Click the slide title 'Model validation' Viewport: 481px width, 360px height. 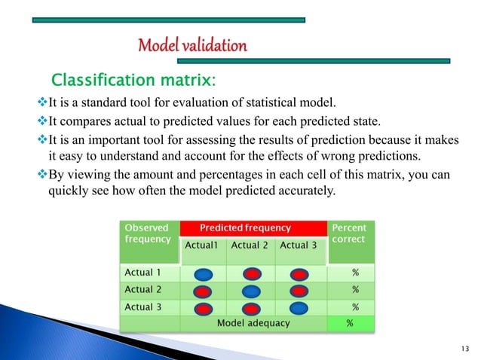(192, 46)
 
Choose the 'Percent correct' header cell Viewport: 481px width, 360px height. (348, 233)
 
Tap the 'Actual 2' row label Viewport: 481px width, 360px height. (144, 289)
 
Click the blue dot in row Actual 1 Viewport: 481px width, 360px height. (204, 274)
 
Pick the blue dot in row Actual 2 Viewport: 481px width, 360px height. (252, 291)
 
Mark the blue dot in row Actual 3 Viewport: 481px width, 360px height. (299, 308)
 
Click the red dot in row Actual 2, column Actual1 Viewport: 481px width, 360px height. (204, 291)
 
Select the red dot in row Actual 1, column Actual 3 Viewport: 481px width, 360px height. (299, 274)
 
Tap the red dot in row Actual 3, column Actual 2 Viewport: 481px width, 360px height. (252, 308)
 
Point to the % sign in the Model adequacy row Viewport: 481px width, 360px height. (349, 324)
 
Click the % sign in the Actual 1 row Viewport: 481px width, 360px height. (355, 273)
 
